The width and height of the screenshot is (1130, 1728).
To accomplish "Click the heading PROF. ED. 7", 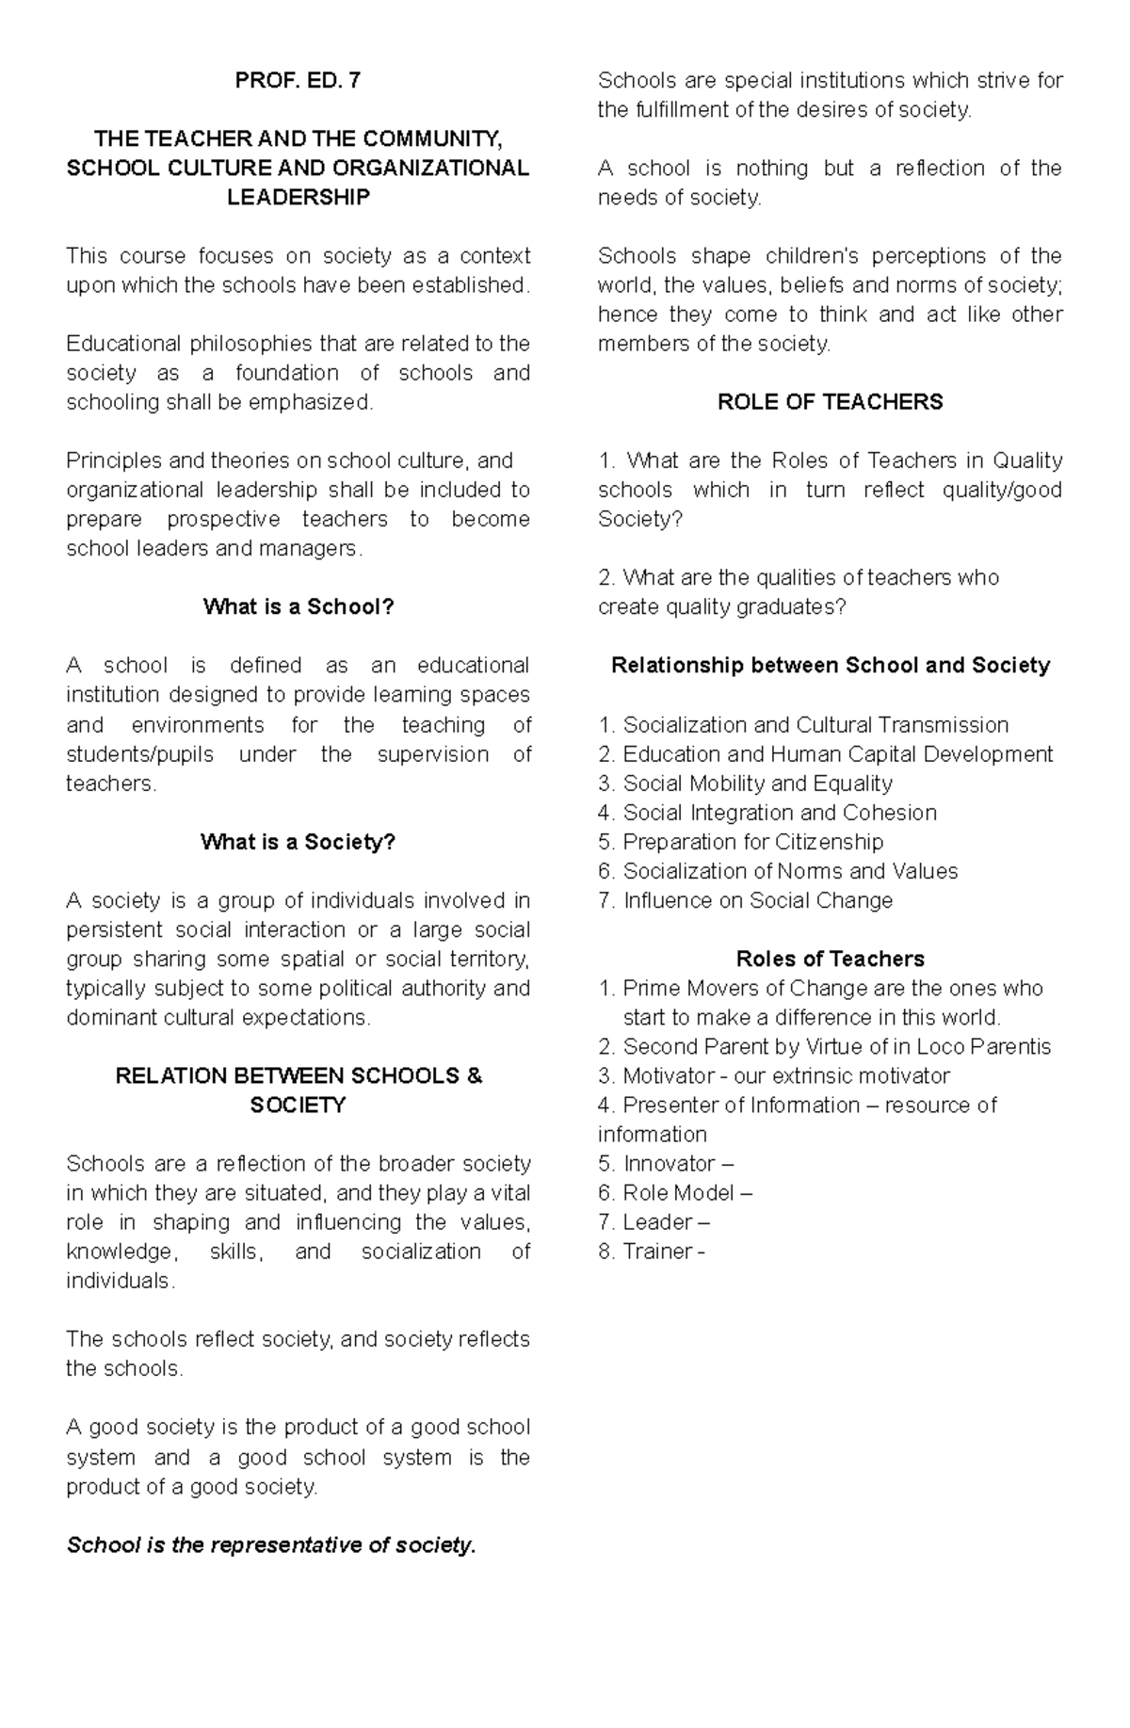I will click(298, 81).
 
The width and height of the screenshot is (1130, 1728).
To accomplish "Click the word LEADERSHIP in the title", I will click(298, 198).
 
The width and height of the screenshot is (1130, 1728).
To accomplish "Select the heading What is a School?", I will click(298, 607).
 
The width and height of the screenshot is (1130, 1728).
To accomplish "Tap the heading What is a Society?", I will click(298, 842).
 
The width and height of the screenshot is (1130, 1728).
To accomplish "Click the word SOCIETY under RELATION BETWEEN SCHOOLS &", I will click(298, 1106).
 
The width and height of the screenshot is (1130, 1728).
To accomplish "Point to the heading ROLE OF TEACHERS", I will click(830, 402).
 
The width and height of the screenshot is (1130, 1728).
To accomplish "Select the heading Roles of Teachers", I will click(830, 960).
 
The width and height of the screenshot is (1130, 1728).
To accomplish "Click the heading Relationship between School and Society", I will click(830, 666).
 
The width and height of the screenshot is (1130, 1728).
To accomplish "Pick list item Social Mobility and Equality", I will click(745, 783).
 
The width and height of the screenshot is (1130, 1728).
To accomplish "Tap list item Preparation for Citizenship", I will click(740, 842).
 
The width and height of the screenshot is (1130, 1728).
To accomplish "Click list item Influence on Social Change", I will click(745, 900).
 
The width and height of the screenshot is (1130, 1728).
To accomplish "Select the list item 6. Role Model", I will click(674, 1193).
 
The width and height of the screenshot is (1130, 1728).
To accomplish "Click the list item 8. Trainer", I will click(651, 1252).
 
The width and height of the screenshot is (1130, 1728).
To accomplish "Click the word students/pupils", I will click(140, 754).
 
